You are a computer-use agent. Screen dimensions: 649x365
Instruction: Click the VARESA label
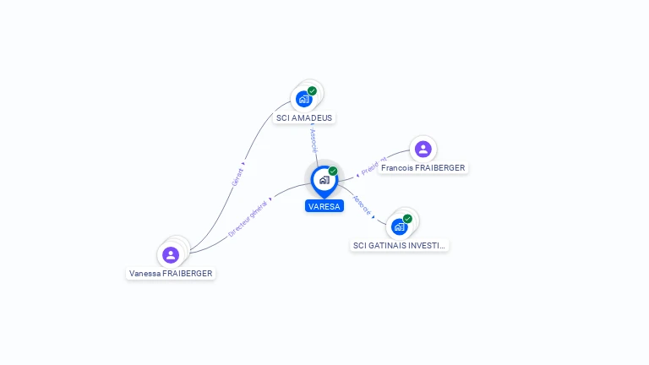click(x=324, y=206)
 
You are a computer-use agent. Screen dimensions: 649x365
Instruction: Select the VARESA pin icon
click(x=324, y=180)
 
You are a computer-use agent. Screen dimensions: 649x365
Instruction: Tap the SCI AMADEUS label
click(x=304, y=118)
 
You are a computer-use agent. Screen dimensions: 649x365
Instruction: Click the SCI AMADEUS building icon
click(x=304, y=99)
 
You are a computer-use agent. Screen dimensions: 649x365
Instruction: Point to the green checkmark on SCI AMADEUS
click(x=312, y=91)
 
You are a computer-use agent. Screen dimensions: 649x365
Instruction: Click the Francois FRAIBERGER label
click(x=423, y=168)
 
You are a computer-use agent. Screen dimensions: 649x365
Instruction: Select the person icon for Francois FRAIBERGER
click(x=423, y=149)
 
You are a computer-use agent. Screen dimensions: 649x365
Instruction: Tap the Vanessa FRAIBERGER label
click(x=171, y=274)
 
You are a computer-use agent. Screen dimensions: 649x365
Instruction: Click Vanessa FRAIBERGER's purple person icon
click(x=171, y=254)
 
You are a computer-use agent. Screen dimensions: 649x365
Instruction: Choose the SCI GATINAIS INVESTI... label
click(x=400, y=246)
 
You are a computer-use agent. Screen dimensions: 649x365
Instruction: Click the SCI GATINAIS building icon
click(x=400, y=226)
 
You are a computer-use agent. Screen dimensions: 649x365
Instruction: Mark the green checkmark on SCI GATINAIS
click(x=407, y=219)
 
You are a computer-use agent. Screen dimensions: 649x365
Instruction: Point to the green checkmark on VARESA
click(x=333, y=172)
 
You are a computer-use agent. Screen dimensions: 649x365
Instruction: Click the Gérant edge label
click(x=237, y=177)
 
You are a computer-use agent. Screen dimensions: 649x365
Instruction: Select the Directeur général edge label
click(x=248, y=218)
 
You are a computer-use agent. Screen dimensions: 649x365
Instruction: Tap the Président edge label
click(x=372, y=166)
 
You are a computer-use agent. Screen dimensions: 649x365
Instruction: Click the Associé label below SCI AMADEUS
click(x=313, y=140)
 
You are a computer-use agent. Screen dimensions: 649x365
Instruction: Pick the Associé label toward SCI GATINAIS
click(x=361, y=204)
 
